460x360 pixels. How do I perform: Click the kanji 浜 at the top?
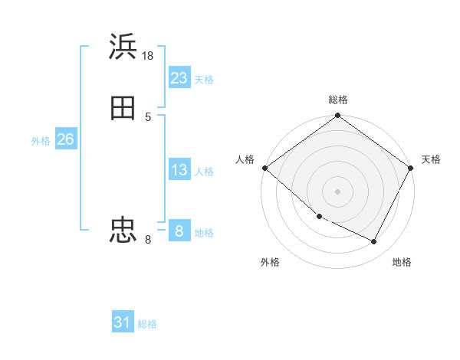tap(123, 47)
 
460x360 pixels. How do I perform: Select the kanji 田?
tap(123, 108)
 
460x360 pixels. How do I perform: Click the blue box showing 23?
tap(179, 77)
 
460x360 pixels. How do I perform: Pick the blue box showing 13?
tap(179, 170)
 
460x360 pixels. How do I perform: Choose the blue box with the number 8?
tap(179, 231)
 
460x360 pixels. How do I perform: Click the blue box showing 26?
tap(65, 139)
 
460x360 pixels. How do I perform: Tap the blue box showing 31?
tap(123, 322)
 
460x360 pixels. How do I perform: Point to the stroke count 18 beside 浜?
tap(149, 56)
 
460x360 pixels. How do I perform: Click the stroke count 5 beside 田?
tap(148, 116)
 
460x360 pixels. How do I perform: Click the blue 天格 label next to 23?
tap(204, 80)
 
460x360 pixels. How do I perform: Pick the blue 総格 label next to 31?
tap(147, 325)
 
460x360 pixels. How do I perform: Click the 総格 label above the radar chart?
tap(338, 100)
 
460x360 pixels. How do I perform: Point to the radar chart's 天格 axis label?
tap(431, 159)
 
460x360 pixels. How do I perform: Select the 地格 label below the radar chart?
tap(402, 262)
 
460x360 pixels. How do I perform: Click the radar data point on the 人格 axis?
tap(264, 168)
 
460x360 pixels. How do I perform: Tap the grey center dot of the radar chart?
tap(337, 191)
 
